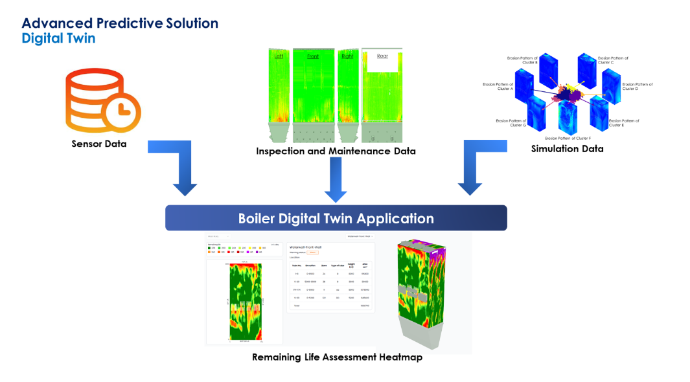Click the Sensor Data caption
(x=99, y=144)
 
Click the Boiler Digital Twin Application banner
(x=336, y=218)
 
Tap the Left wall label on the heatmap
(x=279, y=56)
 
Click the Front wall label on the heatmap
(x=313, y=56)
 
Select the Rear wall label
(x=382, y=56)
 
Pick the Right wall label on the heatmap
(x=348, y=56)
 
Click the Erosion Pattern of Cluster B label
(x=522, y=60)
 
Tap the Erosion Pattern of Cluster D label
(x=638, y=86)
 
